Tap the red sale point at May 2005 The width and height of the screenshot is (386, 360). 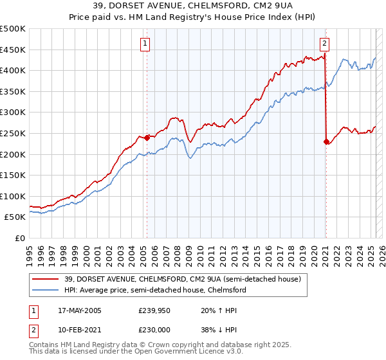(x=147, y=137)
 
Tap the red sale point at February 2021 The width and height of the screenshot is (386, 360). (x=326, y=141)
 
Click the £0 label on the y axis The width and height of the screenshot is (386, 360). (x=20, y=238)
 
